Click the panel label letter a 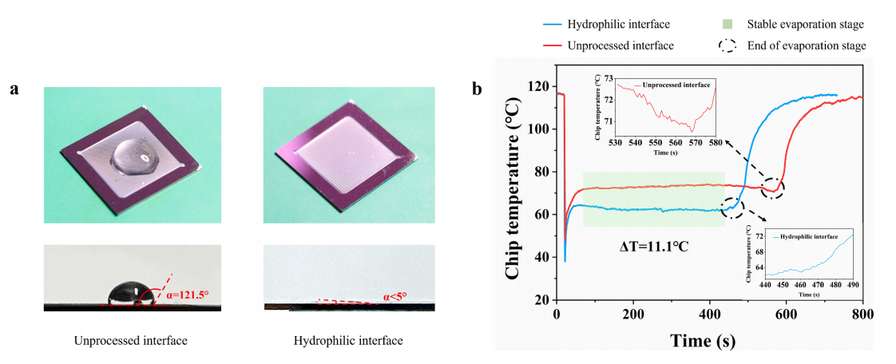pos(14,89)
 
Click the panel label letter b pos(477,89)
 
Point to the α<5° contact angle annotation pos(394,296)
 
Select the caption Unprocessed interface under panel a pos(131,341)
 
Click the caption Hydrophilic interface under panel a pos(348,341)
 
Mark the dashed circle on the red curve pos(772,188)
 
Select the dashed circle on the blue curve pos(732,208)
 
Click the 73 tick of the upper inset pos(609,78)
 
